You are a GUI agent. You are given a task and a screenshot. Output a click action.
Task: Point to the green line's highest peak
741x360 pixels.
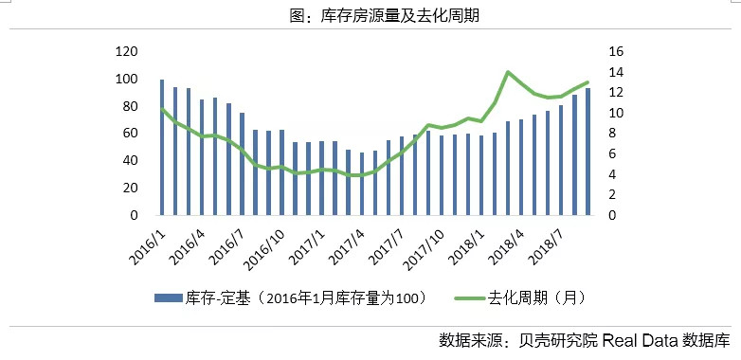(x=509, y=72)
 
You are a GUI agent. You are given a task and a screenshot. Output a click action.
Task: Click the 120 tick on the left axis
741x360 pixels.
(x=126, y=51)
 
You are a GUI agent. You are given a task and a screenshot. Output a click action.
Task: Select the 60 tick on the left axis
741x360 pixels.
(x=130, y=134)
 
